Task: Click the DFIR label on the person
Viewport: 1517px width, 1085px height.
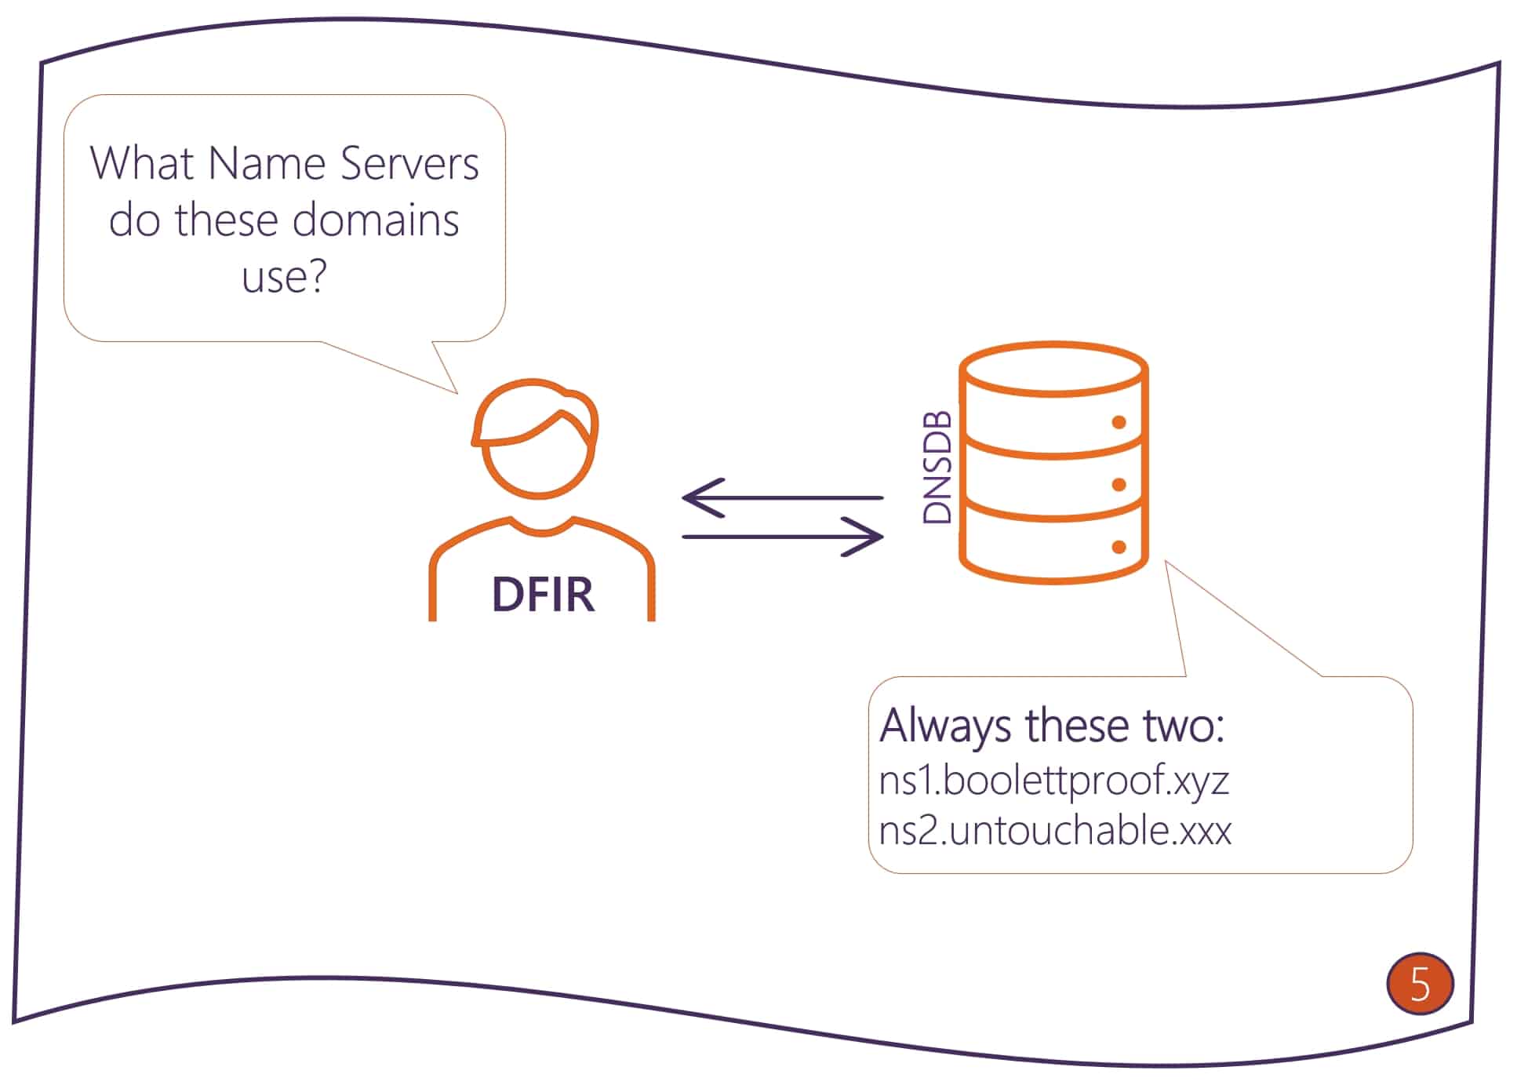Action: tap(543, 594)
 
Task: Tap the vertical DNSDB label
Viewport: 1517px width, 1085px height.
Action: tap(937, 467)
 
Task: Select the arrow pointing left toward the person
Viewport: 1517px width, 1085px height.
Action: tap(782, 497)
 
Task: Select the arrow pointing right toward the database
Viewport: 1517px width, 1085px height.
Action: tap(782, 537)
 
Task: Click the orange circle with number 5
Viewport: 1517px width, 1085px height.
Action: tap(1420, 983)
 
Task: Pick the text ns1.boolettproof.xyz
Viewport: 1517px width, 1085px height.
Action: tap(1053, 780)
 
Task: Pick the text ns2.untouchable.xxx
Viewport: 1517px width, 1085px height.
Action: tap(1055, 830)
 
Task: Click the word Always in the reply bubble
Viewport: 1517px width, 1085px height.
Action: tap(945, 726)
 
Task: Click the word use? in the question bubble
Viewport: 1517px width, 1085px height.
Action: tap(284, 276)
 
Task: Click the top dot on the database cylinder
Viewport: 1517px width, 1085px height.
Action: tap(1119, 423)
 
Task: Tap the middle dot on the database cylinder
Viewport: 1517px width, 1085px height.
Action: tap(1119, 485)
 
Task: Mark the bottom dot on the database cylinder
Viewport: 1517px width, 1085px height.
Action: tap(1119, 547)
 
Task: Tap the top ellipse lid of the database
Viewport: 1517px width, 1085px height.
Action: tap(1053, 367)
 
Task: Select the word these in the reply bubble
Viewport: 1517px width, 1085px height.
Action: tap(1078, 725)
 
